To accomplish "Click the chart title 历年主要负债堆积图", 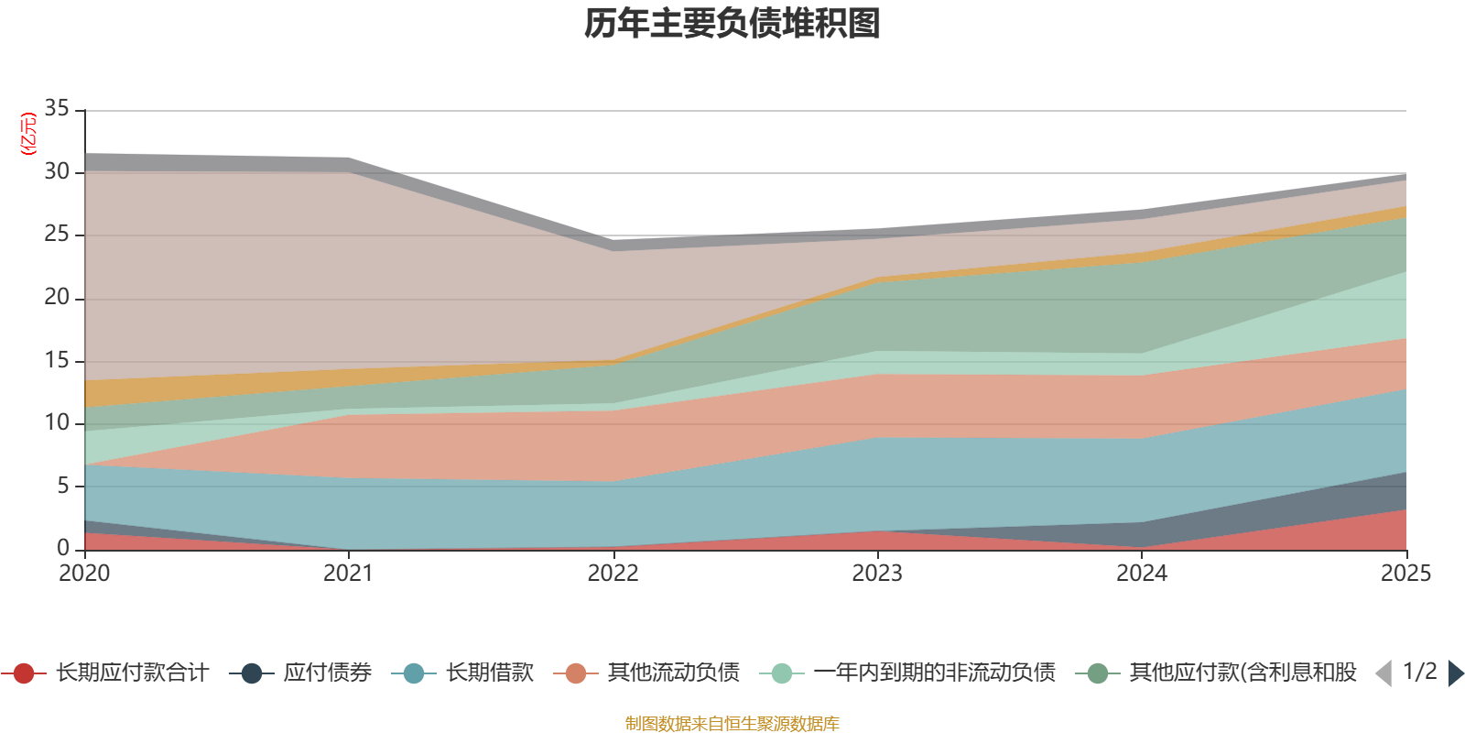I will pyautogui.click(x=732, y=24).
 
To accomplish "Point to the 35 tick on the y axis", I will pyautogui.click(x=57, y=108).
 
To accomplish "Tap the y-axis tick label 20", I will pyautogui.click(x=57, y=297).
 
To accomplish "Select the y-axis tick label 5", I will pyautogui.click(x=62, y=485).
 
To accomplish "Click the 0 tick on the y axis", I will pyautogui.click(x=62, y=548).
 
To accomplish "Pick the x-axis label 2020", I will pyautogui.click(x=84, y=574).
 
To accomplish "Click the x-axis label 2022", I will pyautogui.click(x=613, y=574).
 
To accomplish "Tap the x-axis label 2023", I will pyautogui.click(x=877, y=574).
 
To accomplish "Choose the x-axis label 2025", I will pyautogui.click(x=1405, y=574).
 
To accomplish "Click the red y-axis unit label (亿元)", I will pyautogui.click(x=28, y=134).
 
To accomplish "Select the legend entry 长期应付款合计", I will pyautogui.click(x=132, y=673).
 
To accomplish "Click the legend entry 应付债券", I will pyautogui.click(x=327, y=673).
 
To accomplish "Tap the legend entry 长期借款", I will pyautogui.click(x=489, y=673).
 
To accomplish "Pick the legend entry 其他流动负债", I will pyautogui.click(x=673, y=673).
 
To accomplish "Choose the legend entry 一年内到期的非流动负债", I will pyautogui.click(x=934, y=673).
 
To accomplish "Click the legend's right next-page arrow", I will pyautogui.click(x=1456, y=673).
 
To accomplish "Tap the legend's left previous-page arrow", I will pyautogui.click(x=1384, y=673).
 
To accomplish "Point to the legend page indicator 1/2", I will pyautogui.click(x=1419, y=672).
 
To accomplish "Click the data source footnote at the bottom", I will pyautogui.click(x=732, y=724).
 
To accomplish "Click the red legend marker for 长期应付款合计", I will pyautogui.click(x=24, y=673).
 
